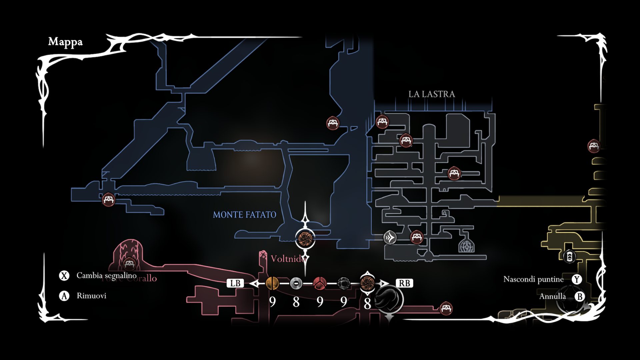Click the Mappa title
click(65, 42)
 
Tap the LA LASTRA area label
click(432, 94)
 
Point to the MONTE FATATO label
click(244, 215)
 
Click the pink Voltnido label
click(287, 259)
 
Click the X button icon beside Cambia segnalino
click(64, 276)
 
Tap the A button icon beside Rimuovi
click(64, 296)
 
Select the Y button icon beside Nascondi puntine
click(577, 279)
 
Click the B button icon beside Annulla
click(580, 296)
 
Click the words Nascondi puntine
click(533, 279)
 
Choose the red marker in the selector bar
click(320, 283)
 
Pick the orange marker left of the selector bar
click(272, 283)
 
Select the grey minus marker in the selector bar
click(296, 283)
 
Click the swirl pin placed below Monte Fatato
click(305, 238)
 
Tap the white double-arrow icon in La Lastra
click(390, 238)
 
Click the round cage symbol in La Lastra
click(466, 246)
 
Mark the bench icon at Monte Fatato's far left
click(108, 200)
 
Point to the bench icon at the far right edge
click(594, 146)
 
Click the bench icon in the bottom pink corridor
click(446, 308)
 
